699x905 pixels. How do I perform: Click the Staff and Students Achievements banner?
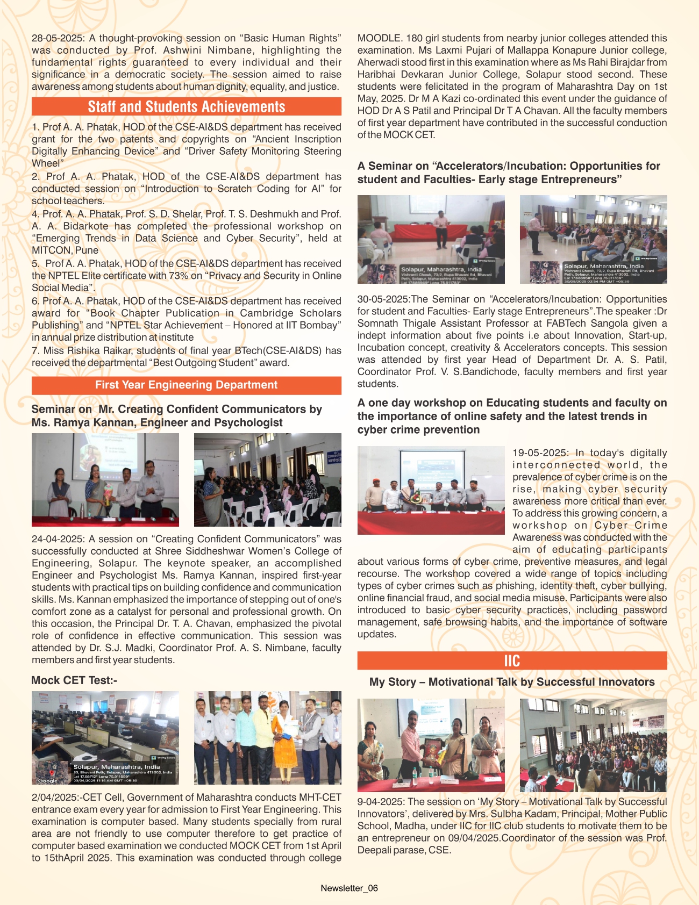click(186, 106)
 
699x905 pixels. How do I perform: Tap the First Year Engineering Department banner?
click(186, 385)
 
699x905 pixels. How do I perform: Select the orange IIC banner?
click(512, 660)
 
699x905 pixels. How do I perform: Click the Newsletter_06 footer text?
click(349, 888)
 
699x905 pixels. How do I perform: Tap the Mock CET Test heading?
click(74, 680)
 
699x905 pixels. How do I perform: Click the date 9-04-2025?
click(381, 802)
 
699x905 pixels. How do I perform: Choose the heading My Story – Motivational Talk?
click(512, 682)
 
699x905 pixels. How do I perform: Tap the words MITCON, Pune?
click(65, 250)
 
